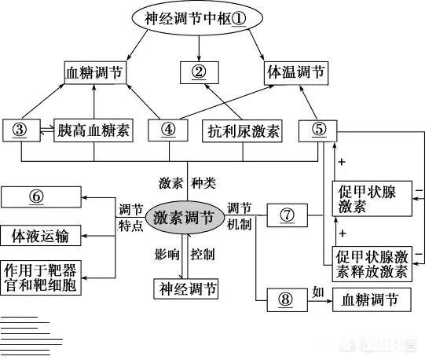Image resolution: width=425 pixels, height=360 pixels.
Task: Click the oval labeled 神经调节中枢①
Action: point(196,17)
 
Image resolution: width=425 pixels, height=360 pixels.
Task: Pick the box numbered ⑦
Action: point(285,215)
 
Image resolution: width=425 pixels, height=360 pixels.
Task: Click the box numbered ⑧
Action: point(285,299)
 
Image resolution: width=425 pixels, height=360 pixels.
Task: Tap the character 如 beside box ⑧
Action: point(319,291)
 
